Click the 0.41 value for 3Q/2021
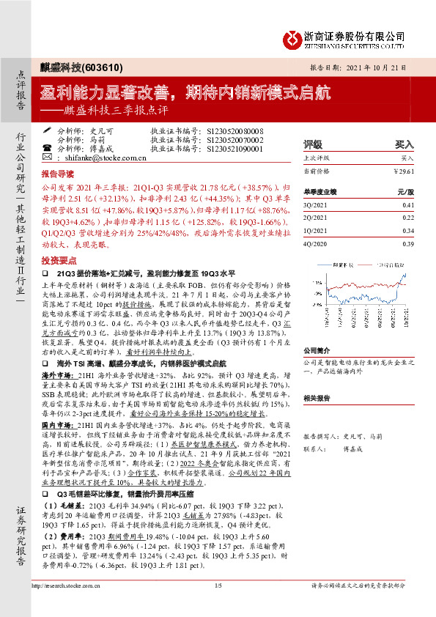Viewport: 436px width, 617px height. pos(408,206)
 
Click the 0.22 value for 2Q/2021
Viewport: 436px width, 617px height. pos(408,218)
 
